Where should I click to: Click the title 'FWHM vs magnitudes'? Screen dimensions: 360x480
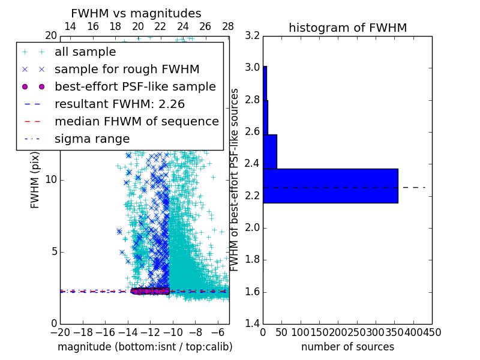coord(136,14)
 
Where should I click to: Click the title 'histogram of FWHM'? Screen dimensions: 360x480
coord(347,28)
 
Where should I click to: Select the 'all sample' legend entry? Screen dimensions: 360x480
coord(85,52)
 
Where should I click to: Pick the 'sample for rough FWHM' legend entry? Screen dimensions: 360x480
coord(127,69)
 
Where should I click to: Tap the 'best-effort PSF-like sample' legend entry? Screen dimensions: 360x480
coord(135,86)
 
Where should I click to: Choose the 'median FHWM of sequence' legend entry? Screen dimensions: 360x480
coord(136,121)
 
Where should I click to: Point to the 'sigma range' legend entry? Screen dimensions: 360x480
coord(92,139)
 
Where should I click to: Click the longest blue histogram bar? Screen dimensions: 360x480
coord(330,185)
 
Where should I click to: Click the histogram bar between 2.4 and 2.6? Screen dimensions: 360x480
coord(269,151)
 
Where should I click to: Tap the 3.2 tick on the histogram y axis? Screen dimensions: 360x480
coord(252,35)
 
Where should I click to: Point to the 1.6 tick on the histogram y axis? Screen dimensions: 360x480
coord(252,292)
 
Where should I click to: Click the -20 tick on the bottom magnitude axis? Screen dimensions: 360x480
coord(60,332)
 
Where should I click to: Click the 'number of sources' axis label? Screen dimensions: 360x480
coord(347,347)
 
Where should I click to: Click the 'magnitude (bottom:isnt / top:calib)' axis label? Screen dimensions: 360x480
coord(145,347)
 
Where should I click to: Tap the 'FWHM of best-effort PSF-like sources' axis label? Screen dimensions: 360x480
coord(235,179)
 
